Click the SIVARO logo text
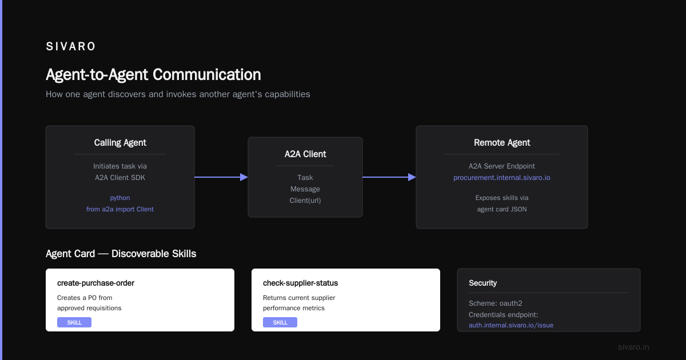coord(70,46)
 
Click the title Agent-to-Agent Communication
coord(153,75)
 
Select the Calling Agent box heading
coord(120,143)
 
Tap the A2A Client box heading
coord(305,154)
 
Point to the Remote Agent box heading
coord(502,143)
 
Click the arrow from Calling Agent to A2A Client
coord(221,177)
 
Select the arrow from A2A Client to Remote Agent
coord(389,177)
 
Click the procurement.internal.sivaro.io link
coord(502,178)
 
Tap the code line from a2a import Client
coord(119,209)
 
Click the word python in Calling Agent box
coord(119,198)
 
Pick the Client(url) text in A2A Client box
coord(305,201)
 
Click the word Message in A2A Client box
coord(305,189)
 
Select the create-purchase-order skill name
coord(95,283)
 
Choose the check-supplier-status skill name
coord(301,283)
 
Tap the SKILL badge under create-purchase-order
coord(74,322)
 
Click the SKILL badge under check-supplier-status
coord(280,322)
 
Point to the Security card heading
coord(482,283)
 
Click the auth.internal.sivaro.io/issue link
coord(511,325)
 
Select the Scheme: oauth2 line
coord(496,303)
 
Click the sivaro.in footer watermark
coord(633,347)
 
